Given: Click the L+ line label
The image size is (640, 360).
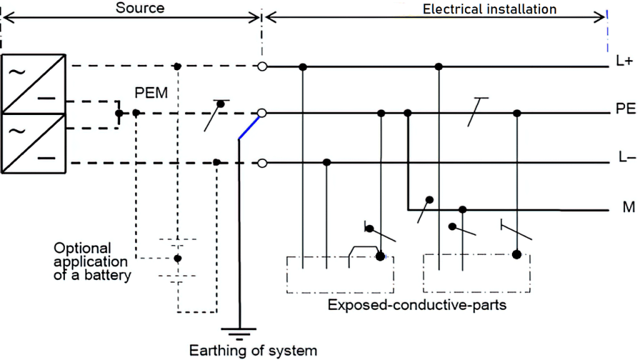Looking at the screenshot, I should (624, 61).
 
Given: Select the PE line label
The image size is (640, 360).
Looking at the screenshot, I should (625, 109).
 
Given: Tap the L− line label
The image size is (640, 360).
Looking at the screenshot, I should (625, 157).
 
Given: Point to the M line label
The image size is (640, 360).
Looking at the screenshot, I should (627, 207).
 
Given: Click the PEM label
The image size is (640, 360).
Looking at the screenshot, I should (151, 92).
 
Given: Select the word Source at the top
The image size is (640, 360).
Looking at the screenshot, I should (139, 8).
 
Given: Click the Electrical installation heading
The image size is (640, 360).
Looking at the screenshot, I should (489, 9).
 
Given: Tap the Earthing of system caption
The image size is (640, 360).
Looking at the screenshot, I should (253, 350).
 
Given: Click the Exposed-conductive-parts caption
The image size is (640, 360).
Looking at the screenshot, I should (417, 306).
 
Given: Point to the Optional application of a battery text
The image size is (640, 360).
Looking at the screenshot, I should (92, 261).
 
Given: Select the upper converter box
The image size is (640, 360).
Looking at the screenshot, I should (34, 84).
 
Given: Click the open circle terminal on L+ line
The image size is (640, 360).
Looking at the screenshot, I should (262, 66).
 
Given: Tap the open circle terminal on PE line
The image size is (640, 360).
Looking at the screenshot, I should (262, 113).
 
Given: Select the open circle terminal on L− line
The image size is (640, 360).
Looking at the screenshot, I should (262, 162).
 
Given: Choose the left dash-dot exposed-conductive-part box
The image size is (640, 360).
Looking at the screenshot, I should (340, 274).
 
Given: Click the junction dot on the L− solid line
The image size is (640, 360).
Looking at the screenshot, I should (326, 162).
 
